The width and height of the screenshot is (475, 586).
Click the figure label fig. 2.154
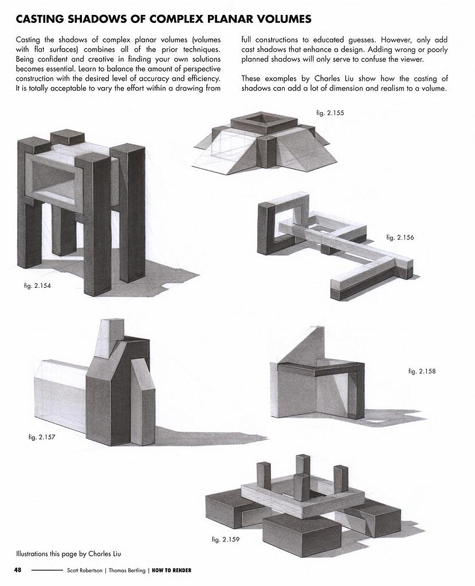(x=34, y=285)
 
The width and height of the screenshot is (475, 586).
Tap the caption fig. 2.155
(x=330, y=113)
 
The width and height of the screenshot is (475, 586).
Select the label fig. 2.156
(x=400, y=237)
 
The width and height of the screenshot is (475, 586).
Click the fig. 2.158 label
(x=422, y=371)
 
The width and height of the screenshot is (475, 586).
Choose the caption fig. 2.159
(x=224, y=540)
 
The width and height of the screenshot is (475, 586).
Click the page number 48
(x=18, y=570)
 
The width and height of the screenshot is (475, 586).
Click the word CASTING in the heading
(x=41, y=19)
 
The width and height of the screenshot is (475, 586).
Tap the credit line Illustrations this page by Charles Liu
(x=68, y=553)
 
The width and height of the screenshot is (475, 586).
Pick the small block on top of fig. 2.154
(x=67, y=137)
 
